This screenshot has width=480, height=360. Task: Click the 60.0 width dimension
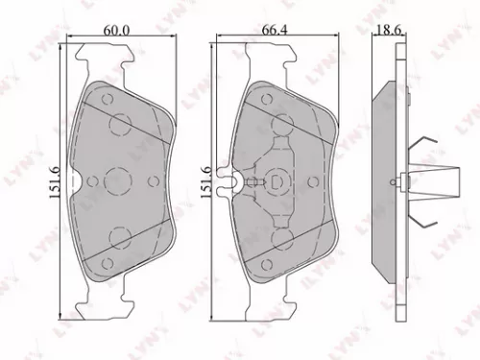point(118,32)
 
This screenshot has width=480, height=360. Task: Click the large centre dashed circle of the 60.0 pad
point(120,180)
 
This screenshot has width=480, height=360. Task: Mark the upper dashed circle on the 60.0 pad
point(120,124)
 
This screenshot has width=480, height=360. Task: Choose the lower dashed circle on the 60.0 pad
point(120,237)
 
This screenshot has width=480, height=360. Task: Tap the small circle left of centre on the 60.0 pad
point(90,180)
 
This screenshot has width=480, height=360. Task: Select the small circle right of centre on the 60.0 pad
point(150,180)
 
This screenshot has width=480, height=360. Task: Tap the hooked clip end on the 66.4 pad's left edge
point(228,180)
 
